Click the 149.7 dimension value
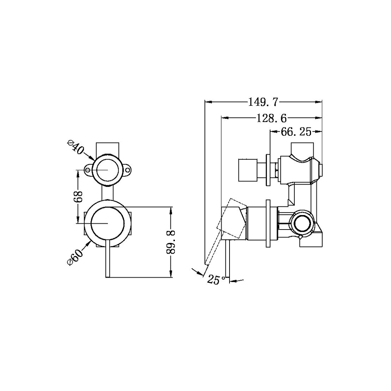pos(263,102)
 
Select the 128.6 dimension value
pos(272,118)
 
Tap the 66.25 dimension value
pos(296,132)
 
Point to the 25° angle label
pos(216,280)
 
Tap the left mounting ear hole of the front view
pos(88,170)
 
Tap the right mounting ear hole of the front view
pos(127,170)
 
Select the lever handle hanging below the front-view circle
pos(108,259)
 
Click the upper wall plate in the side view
pos(268,170)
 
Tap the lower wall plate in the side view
pos(268,223)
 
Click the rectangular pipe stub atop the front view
pos(108,149)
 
